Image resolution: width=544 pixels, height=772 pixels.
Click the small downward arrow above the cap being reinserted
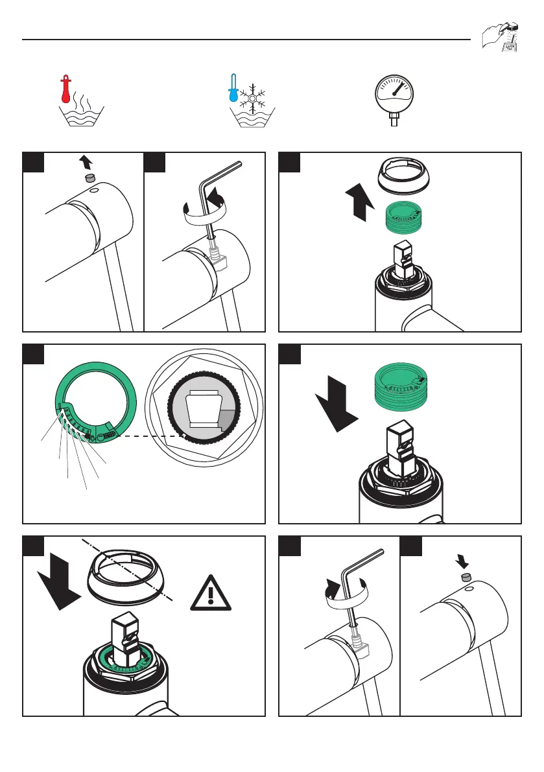pyautogui.click(x=464, y=559)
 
